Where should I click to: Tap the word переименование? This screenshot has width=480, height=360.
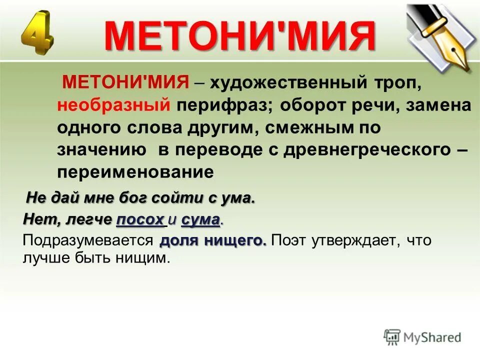(135, 171)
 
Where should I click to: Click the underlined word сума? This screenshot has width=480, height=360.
(200, 219)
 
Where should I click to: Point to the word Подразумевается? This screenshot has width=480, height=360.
(87, 241)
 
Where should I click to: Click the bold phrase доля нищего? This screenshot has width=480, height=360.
(213, 241)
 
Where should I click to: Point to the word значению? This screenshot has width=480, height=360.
(102, 149)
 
